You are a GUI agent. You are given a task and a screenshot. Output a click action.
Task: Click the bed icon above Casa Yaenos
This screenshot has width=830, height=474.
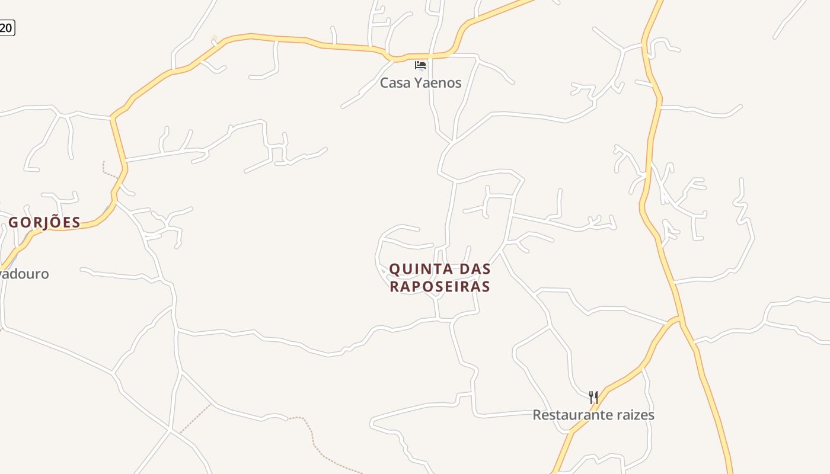tap(420, 65)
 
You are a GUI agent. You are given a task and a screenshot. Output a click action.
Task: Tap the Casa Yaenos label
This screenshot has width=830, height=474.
tap(420, 83)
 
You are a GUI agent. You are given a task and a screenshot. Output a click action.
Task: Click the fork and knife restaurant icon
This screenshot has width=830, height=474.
tap(593, 397)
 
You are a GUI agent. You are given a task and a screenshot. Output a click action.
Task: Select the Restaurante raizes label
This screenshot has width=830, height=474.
tap(593, 415)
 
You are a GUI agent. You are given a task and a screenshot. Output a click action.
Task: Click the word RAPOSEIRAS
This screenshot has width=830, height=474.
tap(440, 287)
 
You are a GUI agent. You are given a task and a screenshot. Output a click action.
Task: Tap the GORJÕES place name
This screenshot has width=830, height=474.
tap(44, 223)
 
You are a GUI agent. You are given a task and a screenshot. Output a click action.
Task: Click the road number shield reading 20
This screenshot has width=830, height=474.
tap(6, 27)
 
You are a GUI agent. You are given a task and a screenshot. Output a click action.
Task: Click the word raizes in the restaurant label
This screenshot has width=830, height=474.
tap(635, 415)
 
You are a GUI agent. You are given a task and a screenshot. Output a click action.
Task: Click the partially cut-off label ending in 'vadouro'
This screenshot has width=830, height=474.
tap(24, 274)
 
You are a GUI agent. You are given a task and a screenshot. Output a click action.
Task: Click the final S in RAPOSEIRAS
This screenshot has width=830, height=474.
tap(486, 287)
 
